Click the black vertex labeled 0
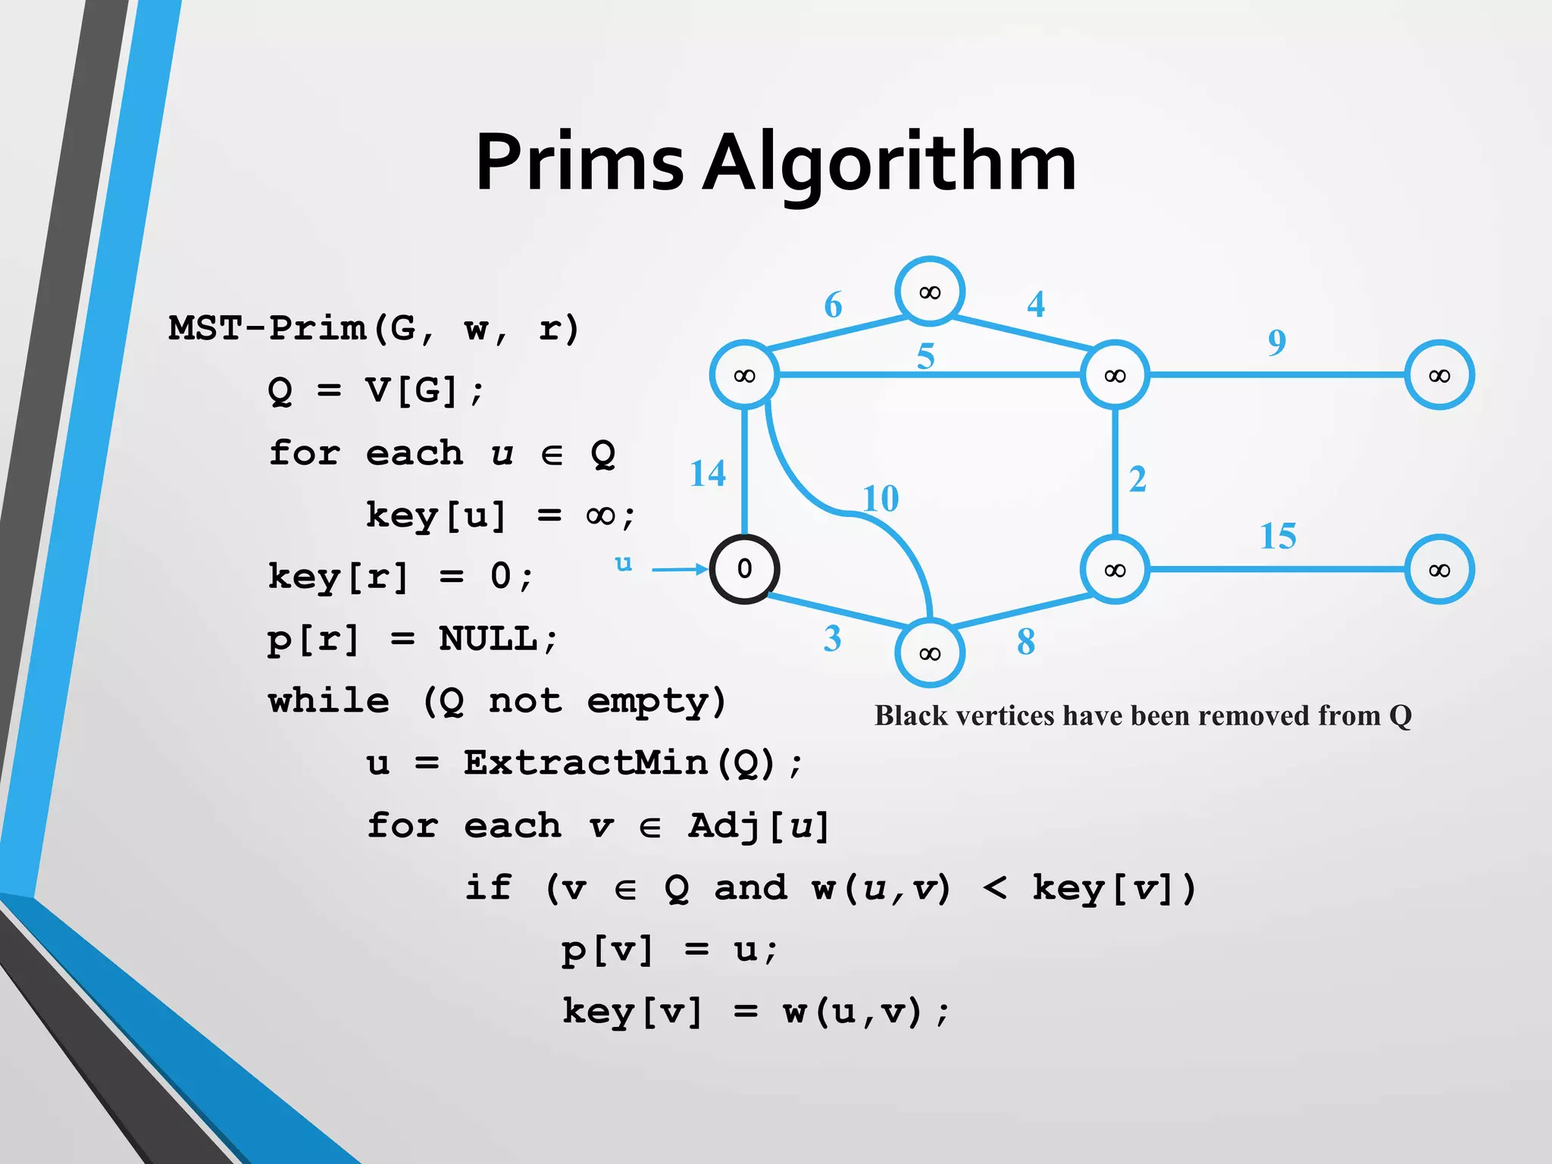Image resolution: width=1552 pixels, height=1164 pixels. [x=744, y=569]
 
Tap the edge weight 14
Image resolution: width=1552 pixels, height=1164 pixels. [x=708, y=474]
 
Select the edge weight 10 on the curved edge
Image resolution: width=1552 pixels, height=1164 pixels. [x=881, y=499]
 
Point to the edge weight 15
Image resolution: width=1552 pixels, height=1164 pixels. [x=1278, y=537]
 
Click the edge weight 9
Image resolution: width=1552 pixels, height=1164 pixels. [x=1277, y=343]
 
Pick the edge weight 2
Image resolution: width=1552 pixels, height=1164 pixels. [x=1137, y=480]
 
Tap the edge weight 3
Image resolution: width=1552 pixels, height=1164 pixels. [x=832, y=639]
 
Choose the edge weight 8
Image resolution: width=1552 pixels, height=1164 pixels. [x=1025, y=642]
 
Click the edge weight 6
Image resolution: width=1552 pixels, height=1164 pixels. [x=833, y=305]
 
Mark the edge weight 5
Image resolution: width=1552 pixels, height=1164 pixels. [x=925, y=356]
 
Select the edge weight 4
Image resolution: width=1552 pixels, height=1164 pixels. [x=1036, y=305]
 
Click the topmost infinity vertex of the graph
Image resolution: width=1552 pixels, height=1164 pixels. [x=929, y=292]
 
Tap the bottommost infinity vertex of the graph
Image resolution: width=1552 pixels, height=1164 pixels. [x=929, y=653]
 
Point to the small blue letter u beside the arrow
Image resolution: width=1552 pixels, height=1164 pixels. [x=623, y=563]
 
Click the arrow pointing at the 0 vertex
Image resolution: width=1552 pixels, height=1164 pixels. [x=678, y=569]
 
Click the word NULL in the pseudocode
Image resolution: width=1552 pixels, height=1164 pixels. [x=488, y=639]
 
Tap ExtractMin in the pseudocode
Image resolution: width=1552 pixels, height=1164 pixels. [x=585, y=762]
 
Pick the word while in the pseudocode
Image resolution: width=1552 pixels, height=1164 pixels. [x=329, y=701]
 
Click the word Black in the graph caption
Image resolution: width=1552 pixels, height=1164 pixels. [x=910, y=715]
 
